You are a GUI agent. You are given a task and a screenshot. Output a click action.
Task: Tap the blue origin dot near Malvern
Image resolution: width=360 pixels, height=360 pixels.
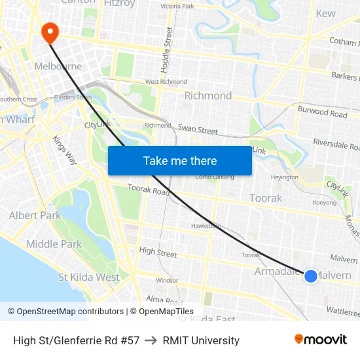click(x=311, y=276)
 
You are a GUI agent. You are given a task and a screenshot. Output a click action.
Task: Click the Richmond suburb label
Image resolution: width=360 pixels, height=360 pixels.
click(x=208, y=96)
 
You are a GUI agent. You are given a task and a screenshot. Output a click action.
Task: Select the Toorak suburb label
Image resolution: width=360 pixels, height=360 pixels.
click(x=266, y=198)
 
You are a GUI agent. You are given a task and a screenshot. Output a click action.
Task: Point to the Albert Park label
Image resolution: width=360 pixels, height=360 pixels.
click(x=35, y=215)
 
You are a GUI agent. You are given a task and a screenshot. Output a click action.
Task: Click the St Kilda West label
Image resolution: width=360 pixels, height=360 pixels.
click(x=89, y=277)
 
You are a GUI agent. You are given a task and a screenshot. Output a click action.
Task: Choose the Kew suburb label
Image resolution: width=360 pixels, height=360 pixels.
click(x=325, y=13)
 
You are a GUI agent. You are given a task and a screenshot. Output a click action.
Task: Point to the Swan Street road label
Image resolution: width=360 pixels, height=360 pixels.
click(x=198, y=130)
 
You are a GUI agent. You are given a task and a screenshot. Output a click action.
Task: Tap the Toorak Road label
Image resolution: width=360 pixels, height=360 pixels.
click(x=148, y=190)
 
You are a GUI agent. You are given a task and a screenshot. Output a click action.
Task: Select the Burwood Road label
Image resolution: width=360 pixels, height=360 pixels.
click(x=322, y=113)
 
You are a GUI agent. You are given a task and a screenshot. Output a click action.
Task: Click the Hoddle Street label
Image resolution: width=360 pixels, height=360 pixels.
click(x=169, y=50)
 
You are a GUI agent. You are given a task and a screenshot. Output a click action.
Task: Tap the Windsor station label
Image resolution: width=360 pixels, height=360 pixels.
click(x=167, y=280)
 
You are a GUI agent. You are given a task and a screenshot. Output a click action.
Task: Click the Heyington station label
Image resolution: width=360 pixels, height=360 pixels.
click(x=284, y=177)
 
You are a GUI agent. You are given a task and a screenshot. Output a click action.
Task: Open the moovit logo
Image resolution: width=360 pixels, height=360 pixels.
click(x=321, y=340)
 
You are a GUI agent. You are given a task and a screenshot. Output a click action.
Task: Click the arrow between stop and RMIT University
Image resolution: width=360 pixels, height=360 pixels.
click(x=151, y=340)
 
